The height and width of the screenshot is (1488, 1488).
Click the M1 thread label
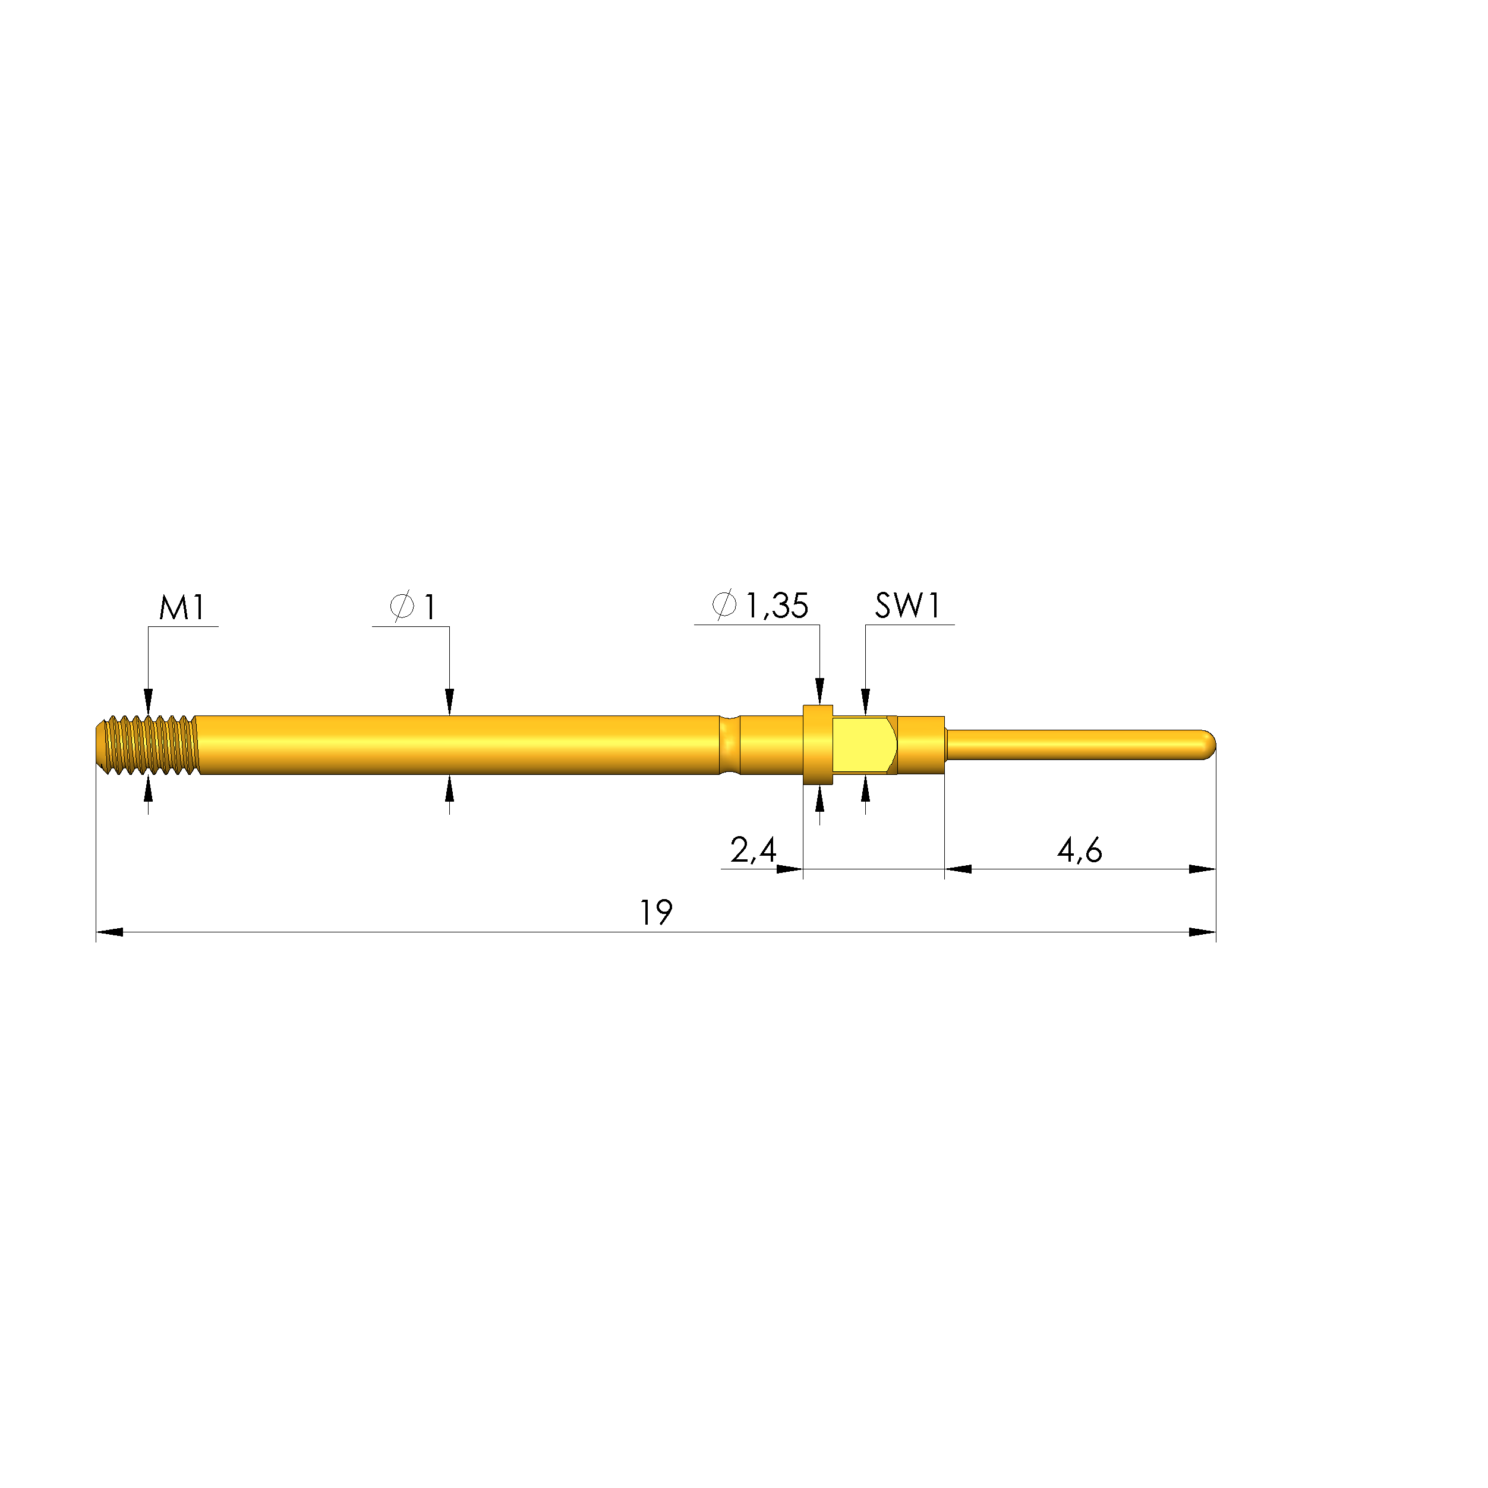pyautogui.click(x=182, y=608)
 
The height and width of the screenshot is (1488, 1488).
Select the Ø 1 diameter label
pyautogui.click(x=414, y=607)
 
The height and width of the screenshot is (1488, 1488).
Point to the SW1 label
pyautogui.click(x=907, y=606)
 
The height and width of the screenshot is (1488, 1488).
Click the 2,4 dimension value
pyautogui.click(x=752, y=850)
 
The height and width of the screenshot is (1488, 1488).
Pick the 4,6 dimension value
pyautogui.click(x=1079, y=850)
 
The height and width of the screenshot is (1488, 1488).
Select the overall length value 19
pyautogui.click(x=656, y=913)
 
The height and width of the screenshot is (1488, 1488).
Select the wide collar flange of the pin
pyautogui.click(x=817, y=744)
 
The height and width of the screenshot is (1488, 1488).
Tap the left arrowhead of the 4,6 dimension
pyautogui.click(x=958, y=869)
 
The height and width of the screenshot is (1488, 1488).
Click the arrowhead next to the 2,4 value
pyautogui.click(x=789, y=869)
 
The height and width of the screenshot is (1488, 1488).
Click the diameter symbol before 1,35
pyautogui.click(x=724, y=606)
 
